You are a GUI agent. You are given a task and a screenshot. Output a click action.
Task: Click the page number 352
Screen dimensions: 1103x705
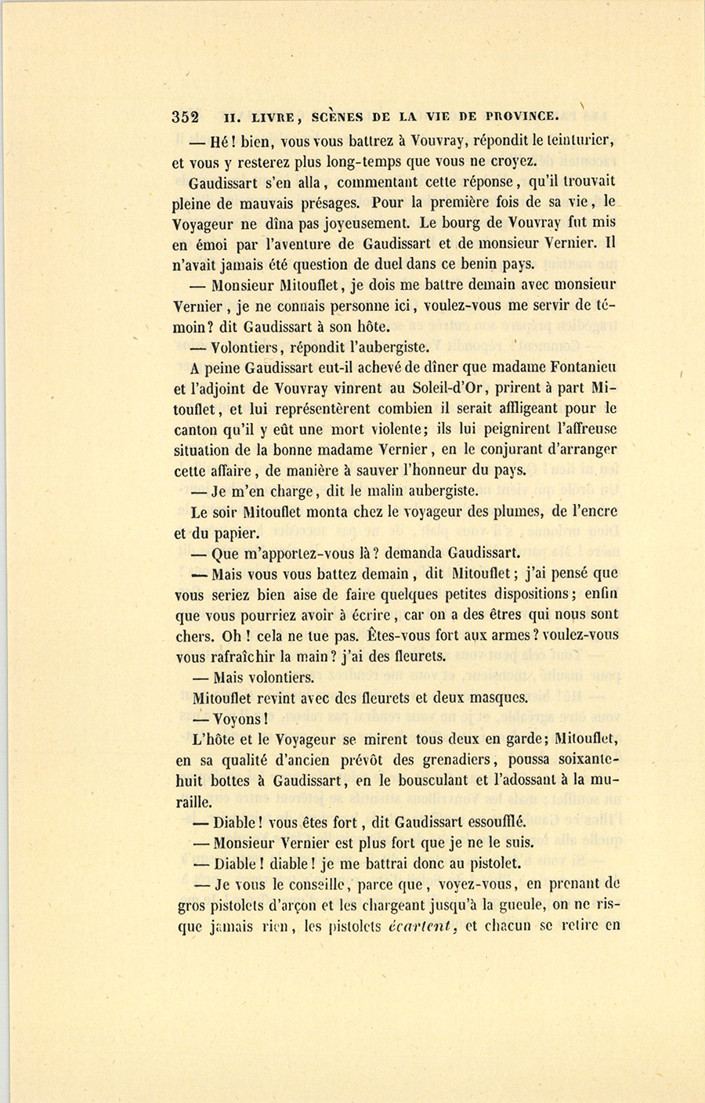click(x=185, y=118)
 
